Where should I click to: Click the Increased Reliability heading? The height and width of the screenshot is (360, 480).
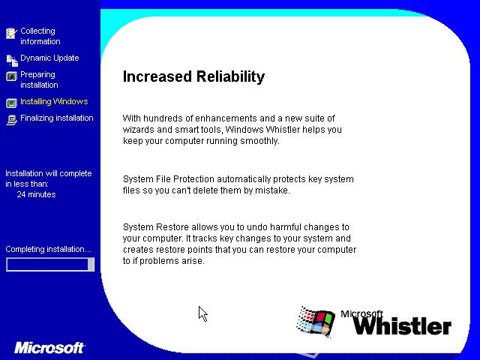click(x=193, y=76)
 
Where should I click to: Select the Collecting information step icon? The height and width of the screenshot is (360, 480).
click(x=12, y=33)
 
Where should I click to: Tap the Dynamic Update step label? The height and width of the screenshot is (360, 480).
click(x=49, y=58)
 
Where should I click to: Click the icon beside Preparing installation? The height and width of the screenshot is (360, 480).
click(x=12, y=76)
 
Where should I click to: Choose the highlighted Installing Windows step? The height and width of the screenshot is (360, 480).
click(x=54, y=101)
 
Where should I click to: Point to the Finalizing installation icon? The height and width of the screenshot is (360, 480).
click(x=12, y=120)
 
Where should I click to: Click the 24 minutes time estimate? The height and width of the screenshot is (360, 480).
click(x=37, y=194)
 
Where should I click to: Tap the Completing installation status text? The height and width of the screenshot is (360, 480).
click(x=48, y=249)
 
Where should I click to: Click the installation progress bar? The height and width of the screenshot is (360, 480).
click(x=50, y=264)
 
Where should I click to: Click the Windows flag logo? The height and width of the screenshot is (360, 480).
click(x=315, y=322)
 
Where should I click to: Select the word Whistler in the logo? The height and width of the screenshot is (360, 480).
click(x=403, y=326)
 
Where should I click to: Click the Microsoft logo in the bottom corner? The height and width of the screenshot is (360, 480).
click(x=49, y=348)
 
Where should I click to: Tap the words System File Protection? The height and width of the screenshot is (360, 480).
click(x=169, y=179)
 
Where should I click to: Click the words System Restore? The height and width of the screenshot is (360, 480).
click(x=156, y=227)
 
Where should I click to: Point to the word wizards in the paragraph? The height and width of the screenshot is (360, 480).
click(x=139, y=130)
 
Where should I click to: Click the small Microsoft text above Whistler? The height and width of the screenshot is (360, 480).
click(x=361, y=313)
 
